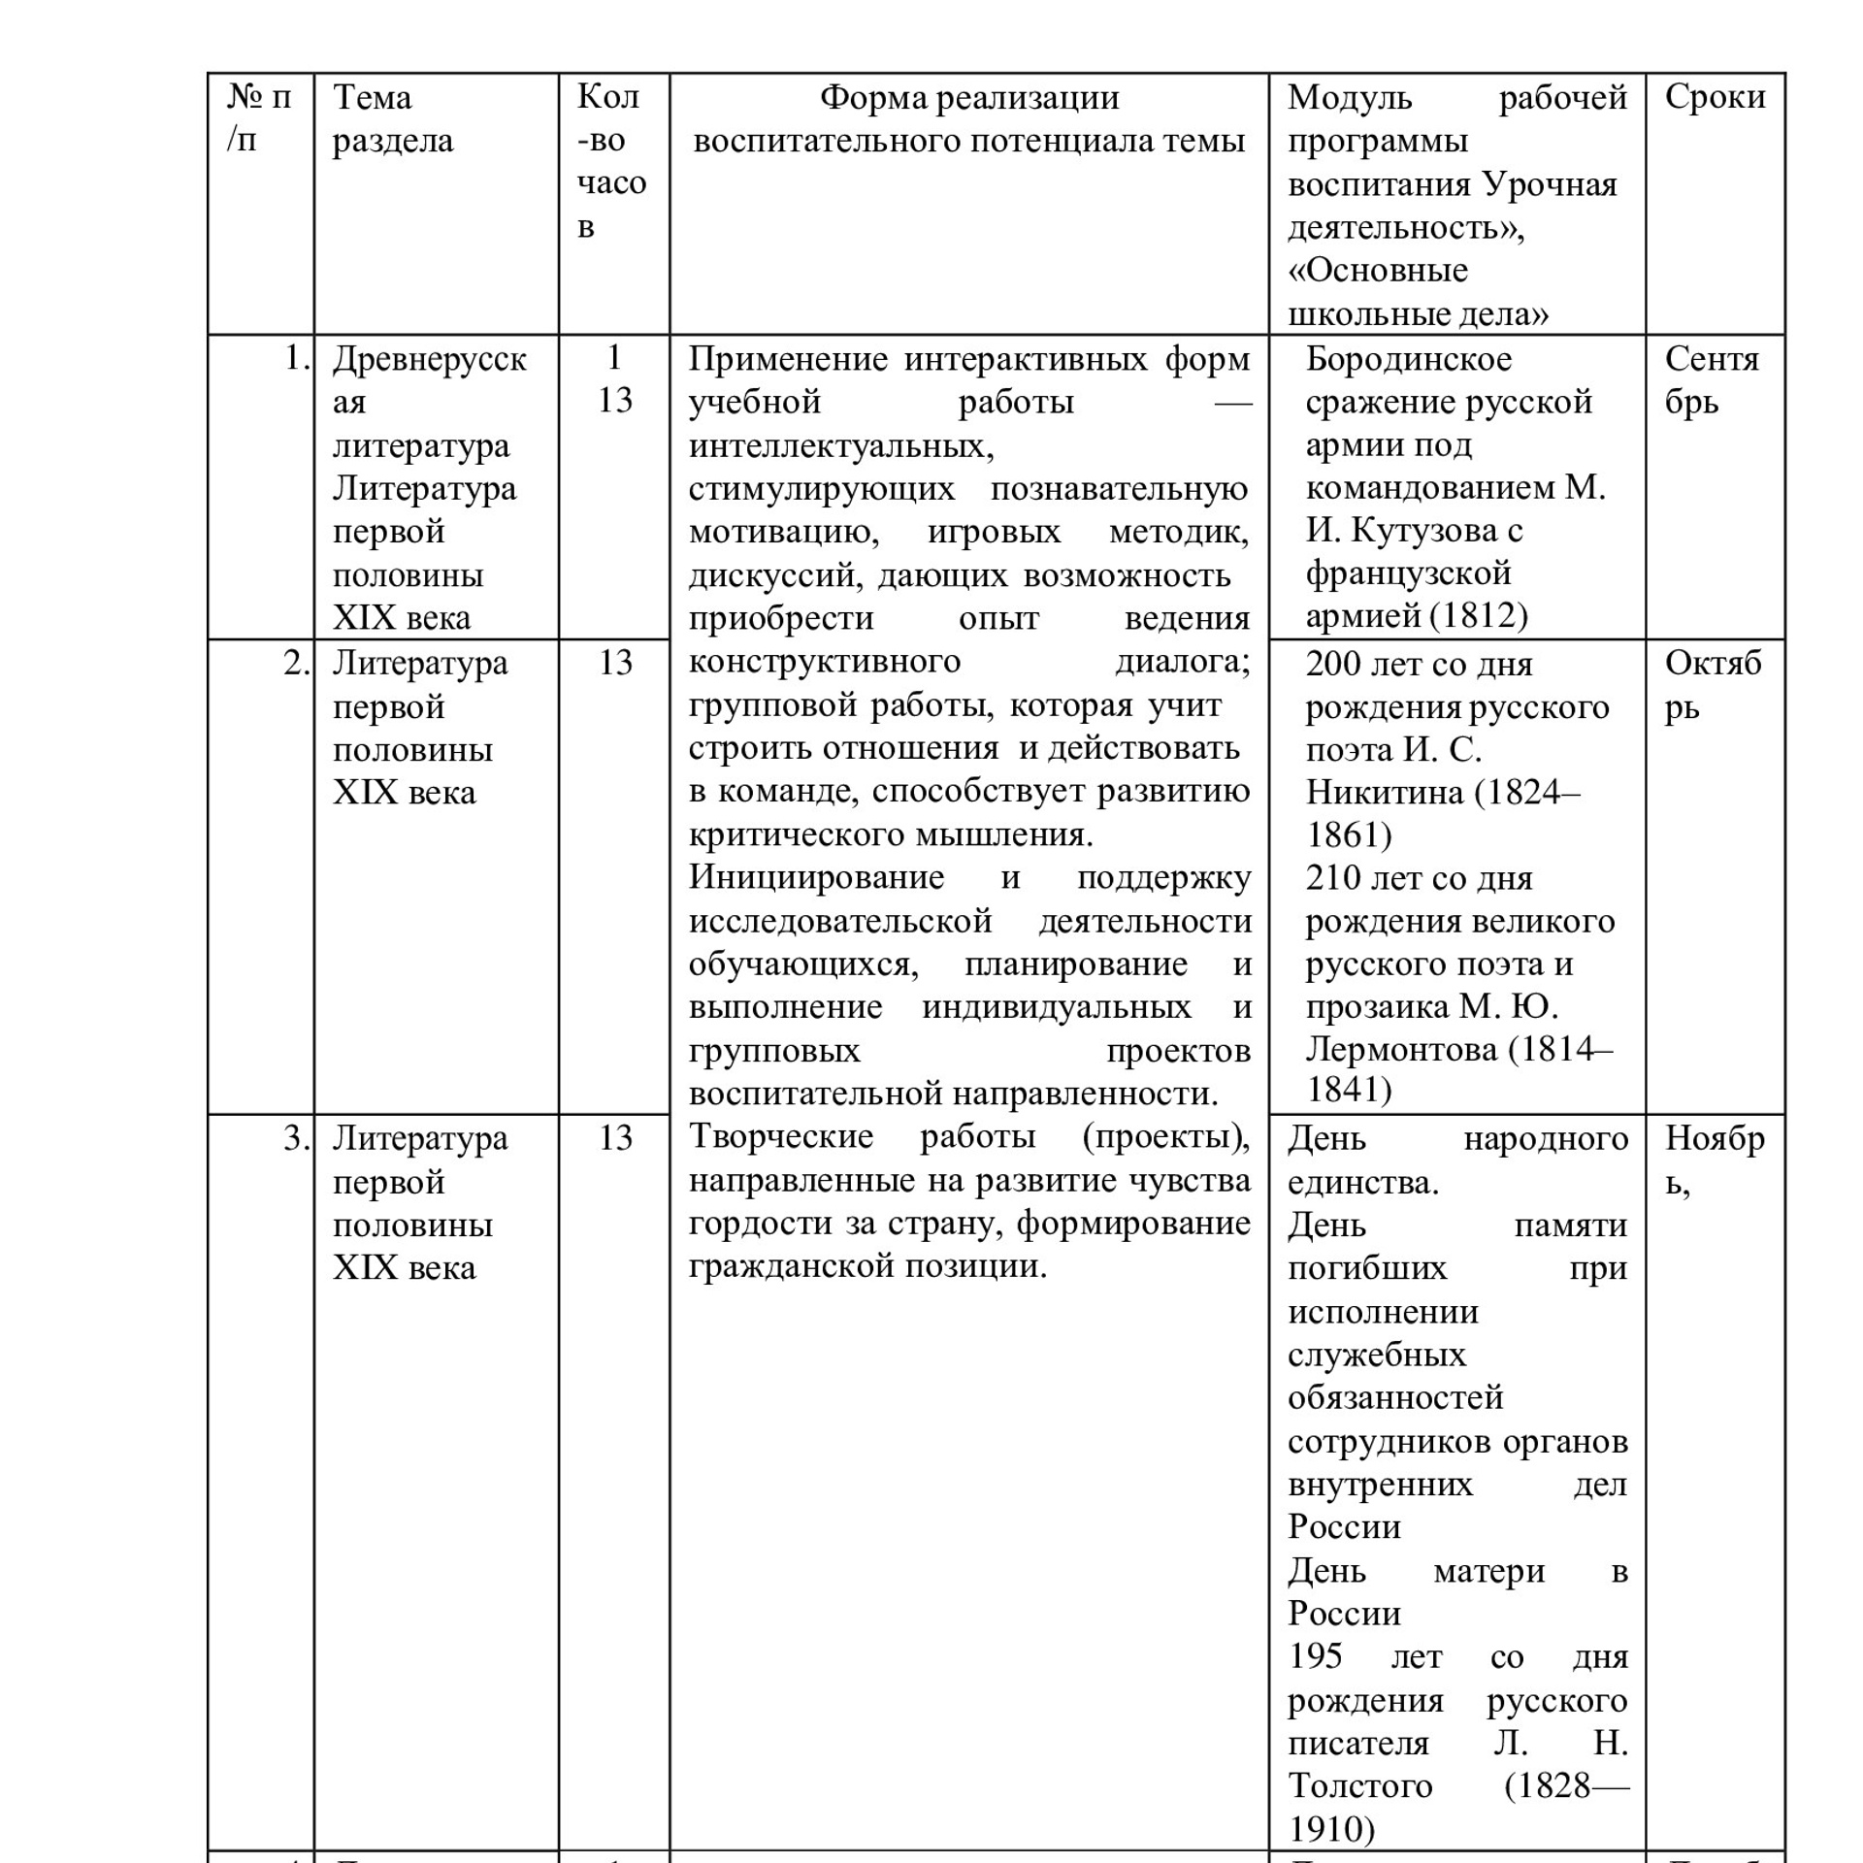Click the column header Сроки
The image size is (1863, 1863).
click(x=1715, y=97)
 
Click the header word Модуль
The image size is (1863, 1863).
click(x=1349, y=97)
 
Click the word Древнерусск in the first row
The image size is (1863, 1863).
click(x=429, y=359)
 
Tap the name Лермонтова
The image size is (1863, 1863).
click(x=1401, y=1049)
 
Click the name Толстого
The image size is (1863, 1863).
click(x=1359, y=1784)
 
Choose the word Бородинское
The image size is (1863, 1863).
click(x=1408, y=359)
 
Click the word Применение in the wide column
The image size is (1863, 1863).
click(x=788, y=359)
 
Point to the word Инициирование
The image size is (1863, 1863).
click(x=816, y=877)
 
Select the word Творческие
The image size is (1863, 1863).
click(x=781, y=1136)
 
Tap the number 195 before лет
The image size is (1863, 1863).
click(x=1315, y=1655)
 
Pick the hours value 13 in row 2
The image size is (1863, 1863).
click(x=615, y=663)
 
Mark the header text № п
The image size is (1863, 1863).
click(x=259, y=97)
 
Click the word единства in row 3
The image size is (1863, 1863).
click(x=1361, y=1182)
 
